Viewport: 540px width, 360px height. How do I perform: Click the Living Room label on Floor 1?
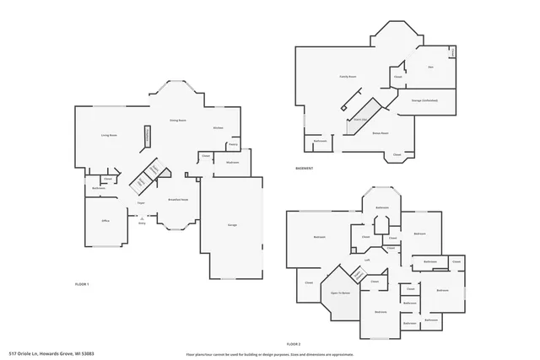(x=109, y=135)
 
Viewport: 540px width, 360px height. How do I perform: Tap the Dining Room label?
(x=177, y=121)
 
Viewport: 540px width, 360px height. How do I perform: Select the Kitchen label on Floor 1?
(x=217, y=127)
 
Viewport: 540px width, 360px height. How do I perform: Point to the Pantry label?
(x=233, y=144)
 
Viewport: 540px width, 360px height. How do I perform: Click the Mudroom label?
(x=233, y=162)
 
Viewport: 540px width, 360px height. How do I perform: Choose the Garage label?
(x=231, y=225)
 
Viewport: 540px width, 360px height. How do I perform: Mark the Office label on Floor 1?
(x=106, y=220)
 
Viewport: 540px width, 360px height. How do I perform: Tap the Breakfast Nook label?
(x=178, y=200)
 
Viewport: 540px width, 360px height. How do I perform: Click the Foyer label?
(x=143, y=202)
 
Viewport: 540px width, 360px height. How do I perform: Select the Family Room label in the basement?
(x=348, y=77)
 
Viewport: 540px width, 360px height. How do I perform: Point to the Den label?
(x=430, y=67)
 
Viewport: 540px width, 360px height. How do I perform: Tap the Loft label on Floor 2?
(x=368, y=260)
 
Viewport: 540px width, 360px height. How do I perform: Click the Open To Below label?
(x=340, y=293)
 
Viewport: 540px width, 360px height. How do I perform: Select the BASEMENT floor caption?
(x=305, y=168)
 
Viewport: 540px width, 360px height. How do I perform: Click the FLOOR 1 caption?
(x=82, y=284)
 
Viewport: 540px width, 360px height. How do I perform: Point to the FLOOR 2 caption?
(x=294, y=344)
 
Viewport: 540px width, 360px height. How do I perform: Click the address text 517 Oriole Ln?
(x=51, y=353)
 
